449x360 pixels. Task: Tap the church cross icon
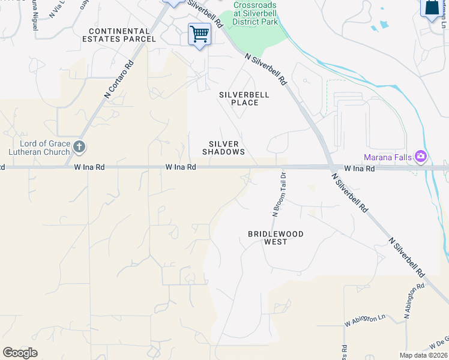click(x=79, y=147)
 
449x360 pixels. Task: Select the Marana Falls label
click(x=388, y=158)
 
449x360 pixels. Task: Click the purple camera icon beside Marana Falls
click(x=420, y=157)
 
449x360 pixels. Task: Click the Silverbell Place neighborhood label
click(x=244, y=98)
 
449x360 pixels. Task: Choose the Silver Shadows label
click(x=224, y=148)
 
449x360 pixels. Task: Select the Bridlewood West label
click(x=276, y=238)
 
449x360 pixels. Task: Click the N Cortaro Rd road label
click(x=118, y=78)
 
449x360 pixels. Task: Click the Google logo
click(x=20, y=352)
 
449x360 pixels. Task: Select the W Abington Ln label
click(x=364, y=320)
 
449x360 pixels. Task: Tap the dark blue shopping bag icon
click(x=431, y=8)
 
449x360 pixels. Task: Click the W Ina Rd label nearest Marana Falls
click(x=360, y=169)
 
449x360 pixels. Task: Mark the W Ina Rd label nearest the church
click(x=89, y=168)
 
